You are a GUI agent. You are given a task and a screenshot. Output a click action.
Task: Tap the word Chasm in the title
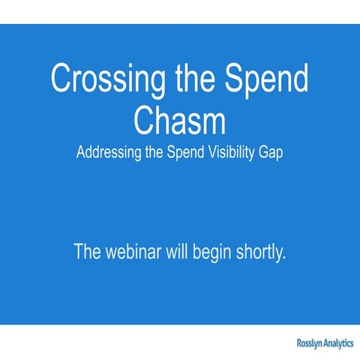[x=180, y=118]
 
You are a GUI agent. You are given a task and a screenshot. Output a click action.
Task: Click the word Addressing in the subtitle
[x=112, y=152]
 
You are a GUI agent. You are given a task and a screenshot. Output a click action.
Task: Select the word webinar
[x=136, y=252]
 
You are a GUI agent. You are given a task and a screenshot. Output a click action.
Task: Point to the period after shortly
[x=285, y=259]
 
